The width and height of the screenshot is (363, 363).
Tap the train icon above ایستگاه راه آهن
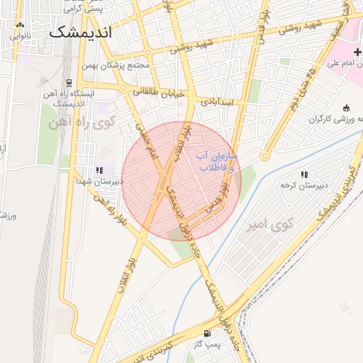69,82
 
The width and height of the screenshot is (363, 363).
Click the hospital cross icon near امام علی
357,52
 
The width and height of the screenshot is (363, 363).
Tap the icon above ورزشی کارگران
346,108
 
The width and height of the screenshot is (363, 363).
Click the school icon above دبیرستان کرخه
304,174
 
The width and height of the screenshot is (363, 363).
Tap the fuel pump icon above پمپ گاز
206,333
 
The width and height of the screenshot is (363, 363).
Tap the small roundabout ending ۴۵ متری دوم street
264,156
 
